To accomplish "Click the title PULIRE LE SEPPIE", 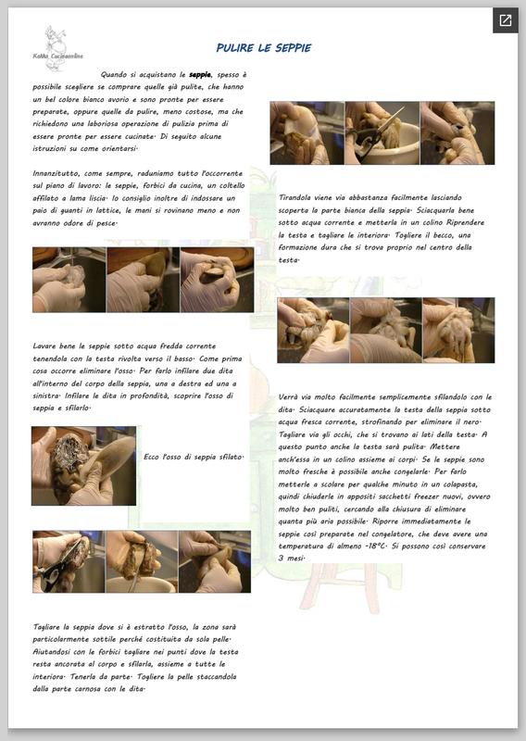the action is click(264, 48).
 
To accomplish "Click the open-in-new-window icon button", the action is click(506, 20).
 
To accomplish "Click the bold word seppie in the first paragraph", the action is click(200, 75).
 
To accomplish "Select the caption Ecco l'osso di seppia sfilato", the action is click(194, 457).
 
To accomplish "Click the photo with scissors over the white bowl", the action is click(382, 132).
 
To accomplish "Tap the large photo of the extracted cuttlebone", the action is click(83, 466).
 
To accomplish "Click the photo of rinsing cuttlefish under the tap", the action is click(69, 280).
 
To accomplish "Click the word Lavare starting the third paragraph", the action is click(44, 346).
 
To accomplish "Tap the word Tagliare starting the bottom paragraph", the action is click(47, 628).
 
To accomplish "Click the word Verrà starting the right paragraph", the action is click(288, 397).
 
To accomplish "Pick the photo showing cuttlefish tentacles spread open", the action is click(458, 331).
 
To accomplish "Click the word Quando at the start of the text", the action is click(114, 75).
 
